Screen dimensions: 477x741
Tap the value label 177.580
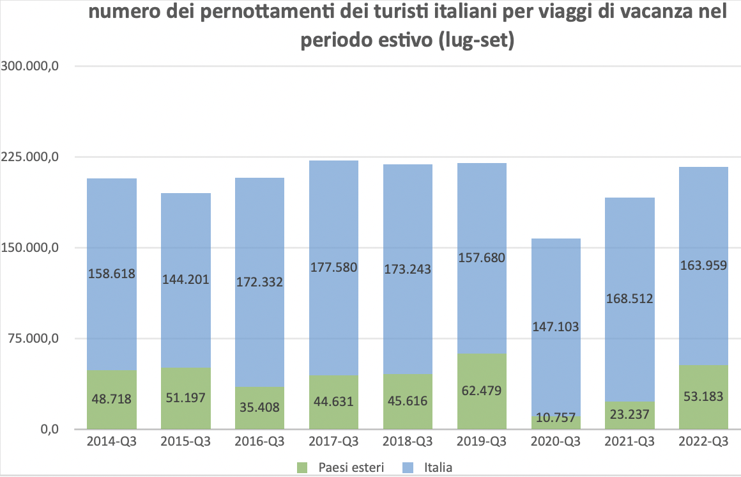[x=333, y=267]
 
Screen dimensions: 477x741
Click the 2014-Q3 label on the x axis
[x=111, y=442]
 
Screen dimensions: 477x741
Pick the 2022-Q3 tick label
[x=704, y=442]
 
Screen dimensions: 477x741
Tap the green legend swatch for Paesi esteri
[x=305, y=467]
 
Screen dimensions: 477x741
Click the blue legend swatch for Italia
[x=409, y=467]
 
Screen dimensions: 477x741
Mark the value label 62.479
[x=482, y=390]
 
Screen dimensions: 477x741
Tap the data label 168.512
[x=630, y=298]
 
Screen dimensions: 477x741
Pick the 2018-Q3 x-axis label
[x=408, y=442]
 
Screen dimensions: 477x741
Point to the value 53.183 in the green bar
[x=704, y=396]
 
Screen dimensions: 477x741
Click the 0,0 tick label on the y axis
[x=50, y=429]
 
